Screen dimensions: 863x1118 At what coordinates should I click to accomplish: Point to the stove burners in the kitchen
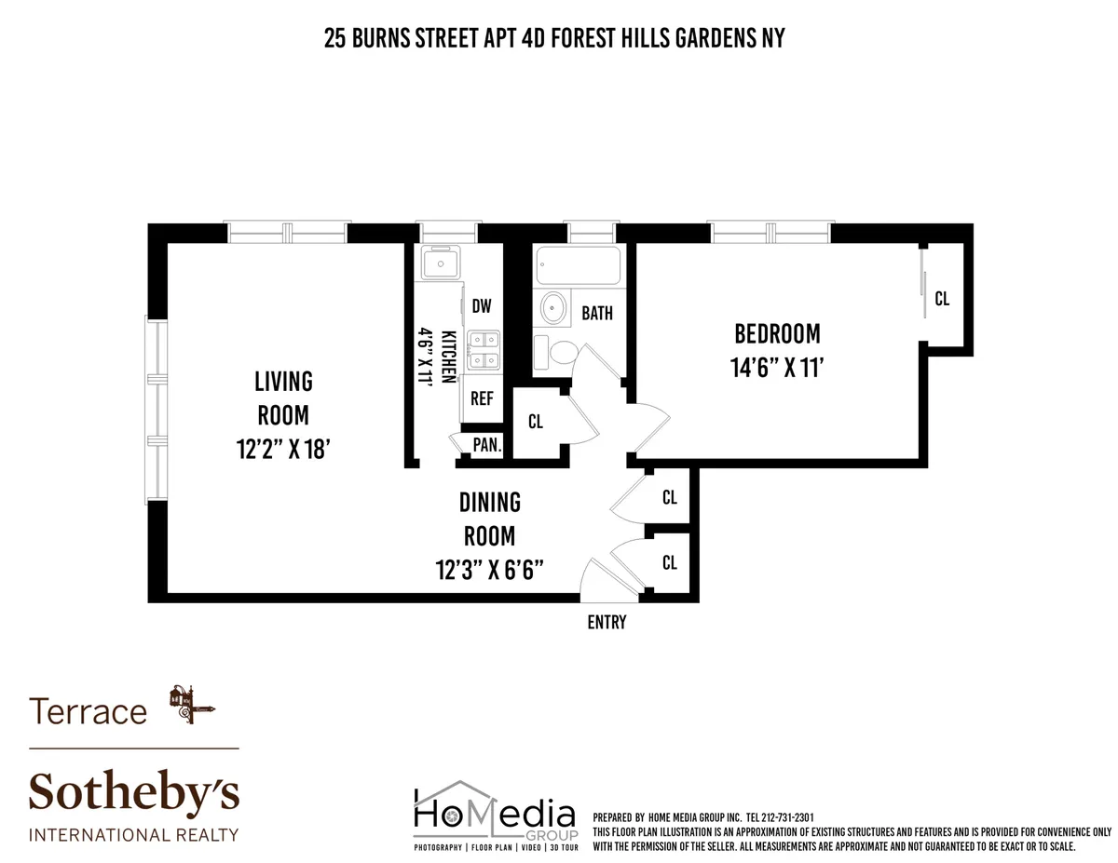[x=482, y=350]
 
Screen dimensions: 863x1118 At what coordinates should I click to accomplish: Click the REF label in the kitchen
[x=482, y=398]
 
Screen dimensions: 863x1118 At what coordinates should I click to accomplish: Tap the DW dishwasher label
[x=481, y=306]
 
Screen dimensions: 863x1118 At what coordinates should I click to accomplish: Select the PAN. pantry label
[x=486, y=445]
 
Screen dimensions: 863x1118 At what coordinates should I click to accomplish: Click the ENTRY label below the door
[x=607, y=623]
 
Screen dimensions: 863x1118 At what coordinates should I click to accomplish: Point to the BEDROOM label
[x=777, y=333]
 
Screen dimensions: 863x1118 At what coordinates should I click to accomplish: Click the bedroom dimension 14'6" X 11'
[x=777, y=367]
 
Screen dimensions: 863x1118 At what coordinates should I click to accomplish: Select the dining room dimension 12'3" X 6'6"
[x=489, y=569]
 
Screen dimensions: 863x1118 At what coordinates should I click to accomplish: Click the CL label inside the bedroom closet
[x=942, y=299]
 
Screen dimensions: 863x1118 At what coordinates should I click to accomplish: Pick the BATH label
[x=597, y=313]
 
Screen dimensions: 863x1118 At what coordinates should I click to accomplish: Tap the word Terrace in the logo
[x=89, y=712]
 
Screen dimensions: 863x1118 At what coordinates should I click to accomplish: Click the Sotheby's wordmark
[x=134, y=792]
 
